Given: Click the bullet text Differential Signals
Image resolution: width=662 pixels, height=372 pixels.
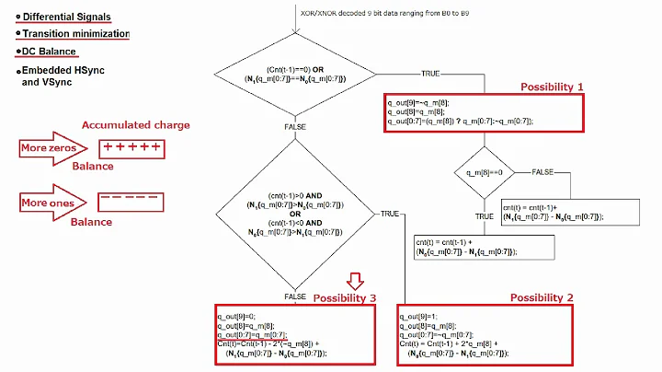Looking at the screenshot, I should coord(66,16).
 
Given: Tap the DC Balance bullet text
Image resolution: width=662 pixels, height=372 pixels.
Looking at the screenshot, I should coord(50,52).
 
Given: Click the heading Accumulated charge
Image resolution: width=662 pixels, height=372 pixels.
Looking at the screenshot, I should coord(135,125).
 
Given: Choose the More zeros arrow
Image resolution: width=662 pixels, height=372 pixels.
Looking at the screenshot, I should coord(52,148).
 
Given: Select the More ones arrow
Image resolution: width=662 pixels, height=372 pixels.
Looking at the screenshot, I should coord(52,203).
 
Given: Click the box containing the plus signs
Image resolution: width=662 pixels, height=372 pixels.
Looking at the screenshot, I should coord(131,148).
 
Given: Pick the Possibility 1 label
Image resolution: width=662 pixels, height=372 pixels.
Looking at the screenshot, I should coord(552,86).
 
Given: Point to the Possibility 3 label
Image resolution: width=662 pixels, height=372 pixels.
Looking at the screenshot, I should coord(345,297).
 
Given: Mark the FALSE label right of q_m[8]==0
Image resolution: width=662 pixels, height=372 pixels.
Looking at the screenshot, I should coord(543,171).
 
